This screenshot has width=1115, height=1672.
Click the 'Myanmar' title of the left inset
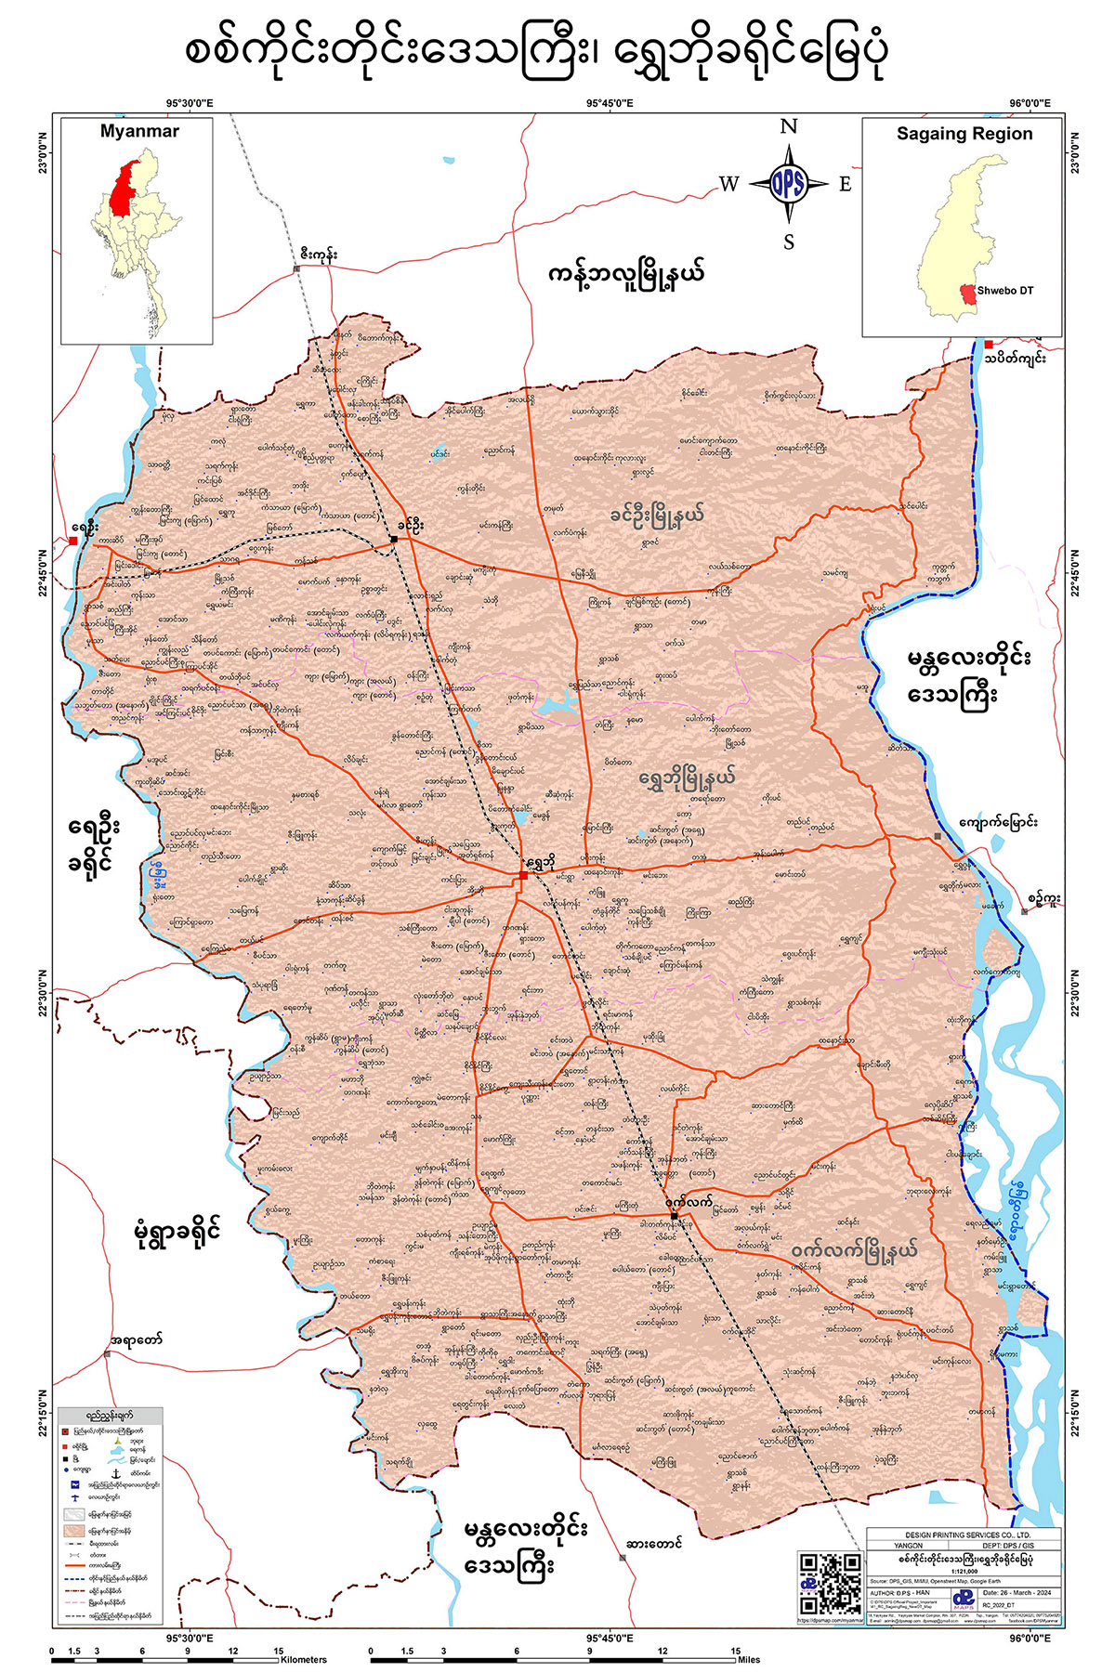click(139, 132)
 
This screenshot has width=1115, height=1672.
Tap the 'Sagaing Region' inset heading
click(964, 134)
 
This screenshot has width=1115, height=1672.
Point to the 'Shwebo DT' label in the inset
click(1004, 291)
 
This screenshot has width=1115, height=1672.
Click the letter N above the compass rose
click(788, 127)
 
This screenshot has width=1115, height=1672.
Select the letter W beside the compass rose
click(728, 184)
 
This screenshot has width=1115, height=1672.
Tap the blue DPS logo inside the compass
click(788, 184)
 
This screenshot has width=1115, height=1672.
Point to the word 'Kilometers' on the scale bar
click(303, 1659)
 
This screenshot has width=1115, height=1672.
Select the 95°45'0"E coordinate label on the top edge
click(610, 104)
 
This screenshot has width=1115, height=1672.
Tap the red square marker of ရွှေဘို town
click(524, 875)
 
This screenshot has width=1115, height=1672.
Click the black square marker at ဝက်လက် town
click(675, 1215)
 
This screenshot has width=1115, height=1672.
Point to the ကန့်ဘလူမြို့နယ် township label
click(626, 274)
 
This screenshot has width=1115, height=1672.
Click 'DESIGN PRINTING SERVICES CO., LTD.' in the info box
click(963, 1534)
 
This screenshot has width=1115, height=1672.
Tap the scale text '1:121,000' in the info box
click(963, 1569)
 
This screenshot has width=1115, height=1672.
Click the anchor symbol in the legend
click(116, 1474)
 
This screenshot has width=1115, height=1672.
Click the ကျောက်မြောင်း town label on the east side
click(999, 822)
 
